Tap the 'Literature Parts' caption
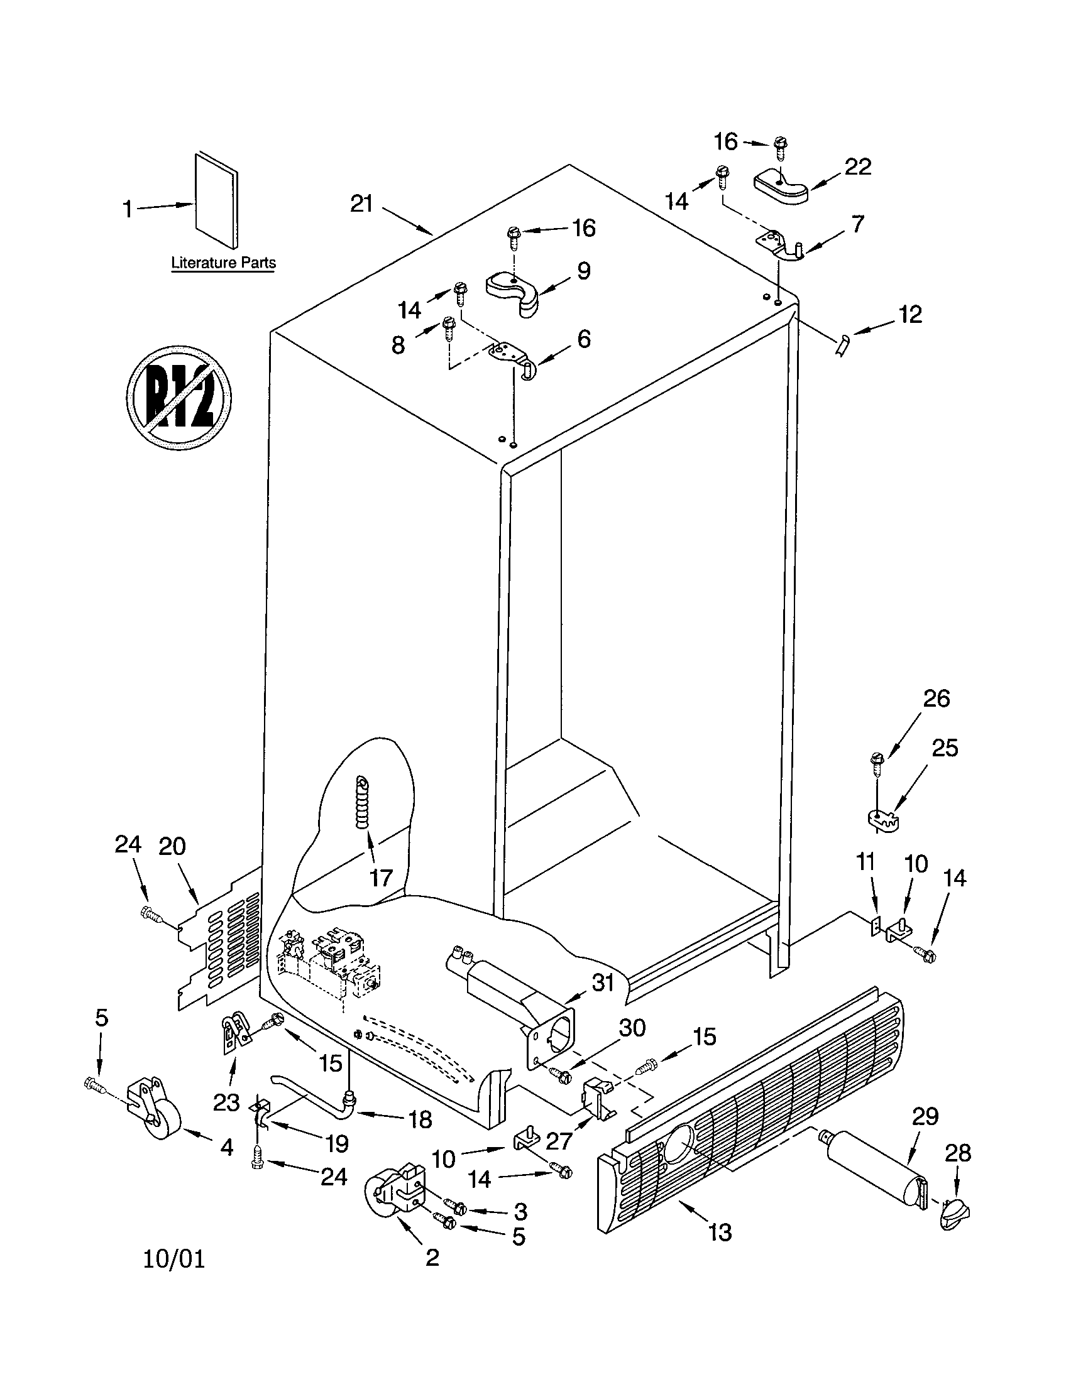click(x=224, y=263)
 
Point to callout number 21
click(x=362, y=204)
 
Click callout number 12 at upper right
click(x=909, y=315)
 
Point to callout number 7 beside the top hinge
click(x=857, y=224)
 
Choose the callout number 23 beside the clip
click(x=226, y=1102)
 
